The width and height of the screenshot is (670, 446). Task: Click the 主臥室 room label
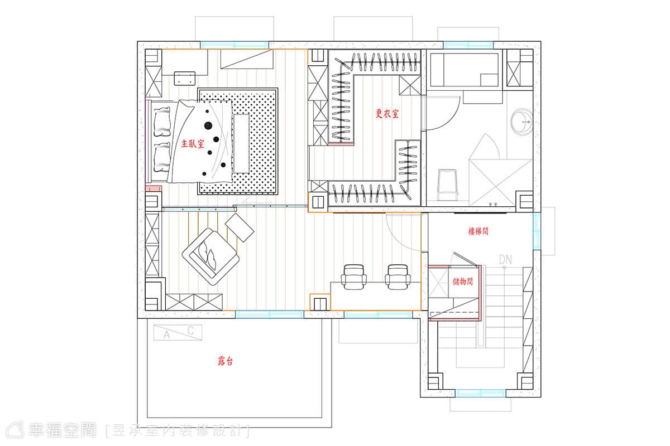(193, 144)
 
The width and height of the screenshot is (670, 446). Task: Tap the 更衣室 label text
(387, 114)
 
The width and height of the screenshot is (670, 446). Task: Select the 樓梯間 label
(478, 231)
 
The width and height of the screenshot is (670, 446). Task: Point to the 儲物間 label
(463, 282)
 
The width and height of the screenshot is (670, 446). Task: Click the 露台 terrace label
(225, 361)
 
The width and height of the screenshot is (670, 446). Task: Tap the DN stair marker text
(505, 259)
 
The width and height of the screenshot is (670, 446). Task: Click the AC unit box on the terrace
(178, 332)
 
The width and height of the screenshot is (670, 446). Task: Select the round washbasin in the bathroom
(521, 122)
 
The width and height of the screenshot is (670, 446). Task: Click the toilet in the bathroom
(447, 185)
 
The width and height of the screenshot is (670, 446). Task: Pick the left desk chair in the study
(354, 277)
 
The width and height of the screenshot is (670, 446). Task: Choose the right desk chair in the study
(398, 277)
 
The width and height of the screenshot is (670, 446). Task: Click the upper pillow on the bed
(162, 122)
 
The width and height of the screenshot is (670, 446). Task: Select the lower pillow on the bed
(162, 157)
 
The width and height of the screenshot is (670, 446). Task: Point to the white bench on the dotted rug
(241, 144)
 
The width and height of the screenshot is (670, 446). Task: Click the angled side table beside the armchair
(240, 227)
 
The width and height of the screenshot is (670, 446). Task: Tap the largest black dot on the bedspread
(208, 126)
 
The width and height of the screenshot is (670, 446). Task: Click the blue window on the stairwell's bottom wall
(480, 393)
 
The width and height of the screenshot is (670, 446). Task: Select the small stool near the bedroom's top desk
(185, 78)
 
